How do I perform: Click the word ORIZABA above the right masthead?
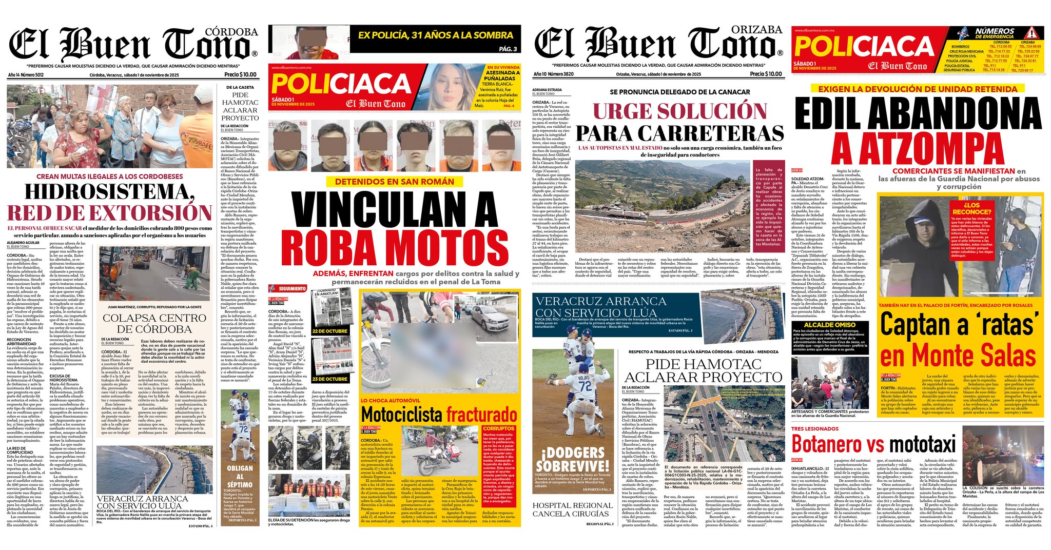click(x=757, y=30)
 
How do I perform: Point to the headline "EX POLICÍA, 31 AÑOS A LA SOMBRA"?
click(x=435, y=35)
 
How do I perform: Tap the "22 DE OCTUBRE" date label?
click(x=329, y=331)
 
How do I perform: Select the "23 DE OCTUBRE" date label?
click(x=329, y=379)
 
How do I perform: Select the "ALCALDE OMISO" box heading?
click(x=829, y=325)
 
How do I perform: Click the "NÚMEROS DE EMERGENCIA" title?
click(x=995, y=33)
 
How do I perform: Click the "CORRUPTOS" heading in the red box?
click(x=498, y=428)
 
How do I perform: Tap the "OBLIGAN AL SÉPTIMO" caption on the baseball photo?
click(x=240, y=476)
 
